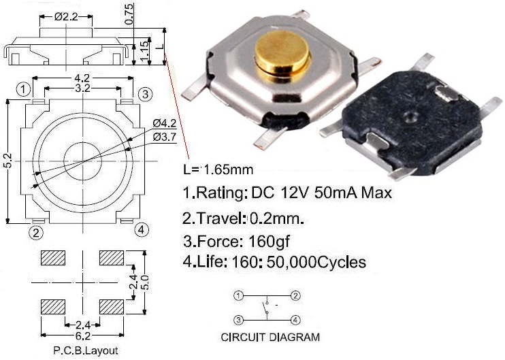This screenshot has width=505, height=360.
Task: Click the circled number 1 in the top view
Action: pos(24,89)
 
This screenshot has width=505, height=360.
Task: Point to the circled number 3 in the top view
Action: pos(144,94)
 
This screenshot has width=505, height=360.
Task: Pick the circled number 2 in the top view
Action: pos(36,233)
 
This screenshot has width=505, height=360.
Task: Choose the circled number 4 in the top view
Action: pos(141,229)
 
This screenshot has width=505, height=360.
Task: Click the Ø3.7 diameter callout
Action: pos(165,137)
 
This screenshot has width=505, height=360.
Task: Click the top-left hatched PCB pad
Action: pos(52,258)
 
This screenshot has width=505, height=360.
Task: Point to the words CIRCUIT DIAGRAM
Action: pos(270,337)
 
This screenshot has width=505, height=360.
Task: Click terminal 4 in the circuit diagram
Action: pos(295,319)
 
